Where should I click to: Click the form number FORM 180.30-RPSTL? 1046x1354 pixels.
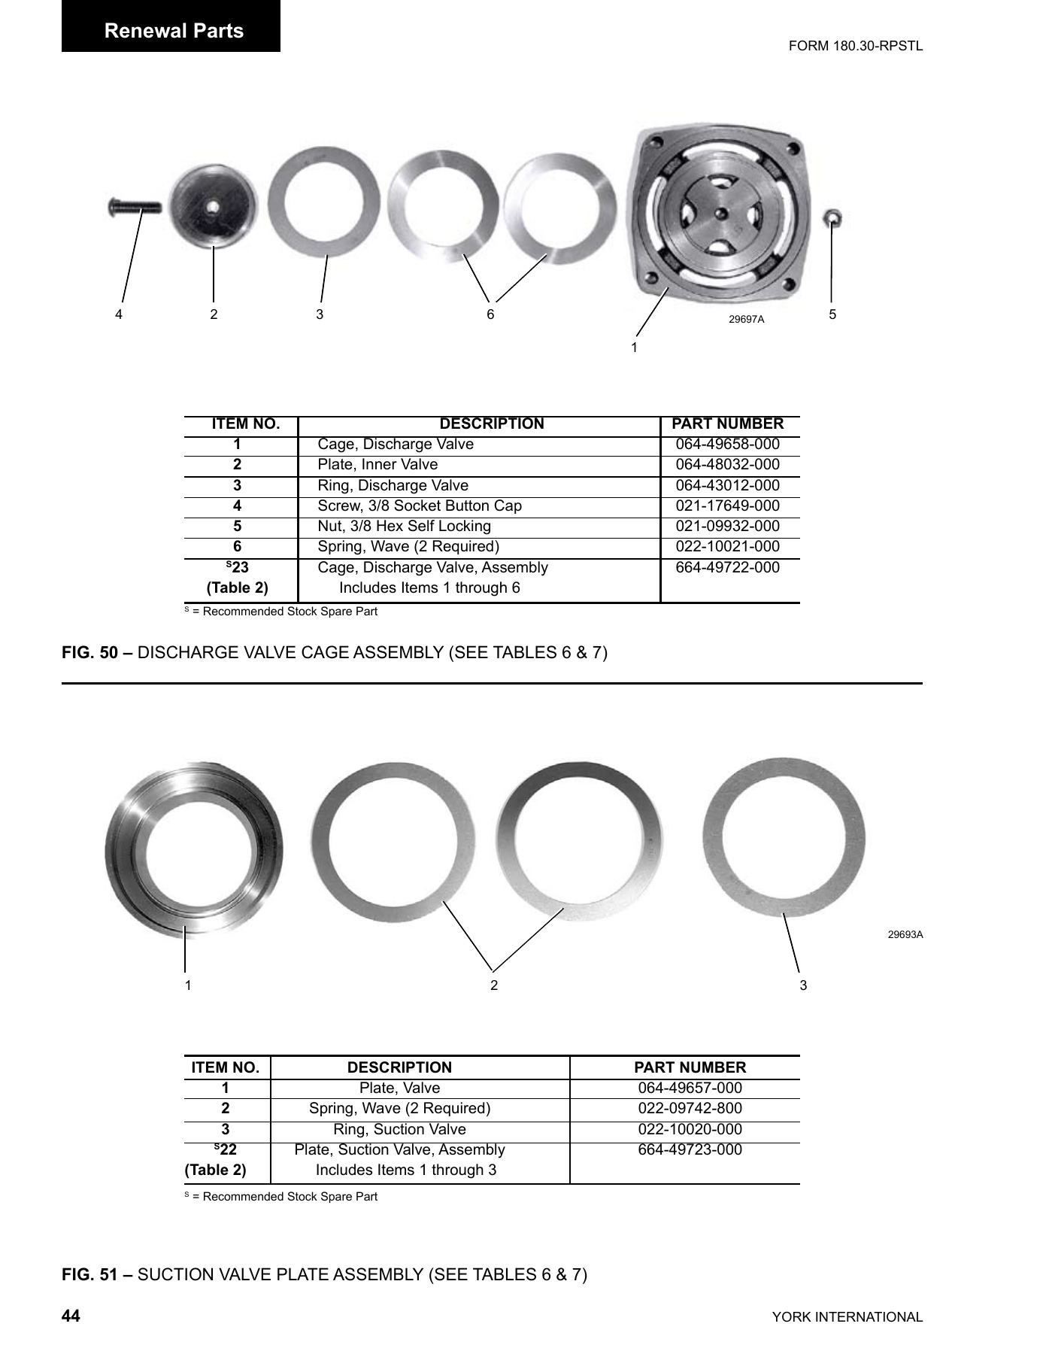point(855,46)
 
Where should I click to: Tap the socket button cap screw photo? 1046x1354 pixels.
point(135,205)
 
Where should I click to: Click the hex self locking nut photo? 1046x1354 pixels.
point(832,219)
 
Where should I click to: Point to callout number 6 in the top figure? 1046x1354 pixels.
point(490,314)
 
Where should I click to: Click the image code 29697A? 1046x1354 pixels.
point(746,319)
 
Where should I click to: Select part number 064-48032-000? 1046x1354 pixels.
point(727,465)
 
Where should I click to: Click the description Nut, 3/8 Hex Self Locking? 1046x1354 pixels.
point(404,527)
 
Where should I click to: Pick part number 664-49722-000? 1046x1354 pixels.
point(727,568)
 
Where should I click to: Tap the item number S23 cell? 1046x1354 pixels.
point(238,568)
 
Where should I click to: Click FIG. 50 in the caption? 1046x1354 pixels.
point(89,652)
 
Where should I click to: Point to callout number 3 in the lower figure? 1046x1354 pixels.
point(803,985)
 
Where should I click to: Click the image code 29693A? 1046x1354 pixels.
point(905,935)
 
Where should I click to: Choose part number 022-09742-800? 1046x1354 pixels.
point(690,1109)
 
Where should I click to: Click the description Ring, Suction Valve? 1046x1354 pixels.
point(399,1130)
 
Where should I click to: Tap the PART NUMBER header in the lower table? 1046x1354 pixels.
point(690,1067)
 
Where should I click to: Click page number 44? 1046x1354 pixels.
point(71,1316)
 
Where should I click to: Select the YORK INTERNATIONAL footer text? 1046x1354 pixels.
point(847,1317)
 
